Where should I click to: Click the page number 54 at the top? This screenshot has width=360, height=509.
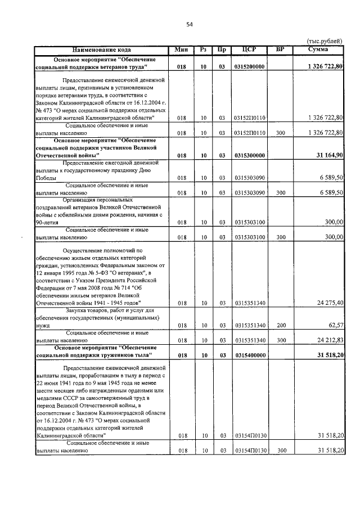pyautogui.click(x=190, y=24)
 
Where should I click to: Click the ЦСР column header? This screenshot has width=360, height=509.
pyautogui.click(x=249, y=50)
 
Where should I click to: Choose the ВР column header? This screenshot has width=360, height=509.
pyautogui.click(x=280, y=50)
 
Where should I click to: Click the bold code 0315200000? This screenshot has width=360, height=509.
pyautogui.click(x=250, y=67)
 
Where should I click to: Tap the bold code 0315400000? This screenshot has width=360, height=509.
pyautogui.click(x=250, y=355)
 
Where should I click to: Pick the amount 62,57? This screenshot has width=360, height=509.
pyautogui.click(x=335, y=325)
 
